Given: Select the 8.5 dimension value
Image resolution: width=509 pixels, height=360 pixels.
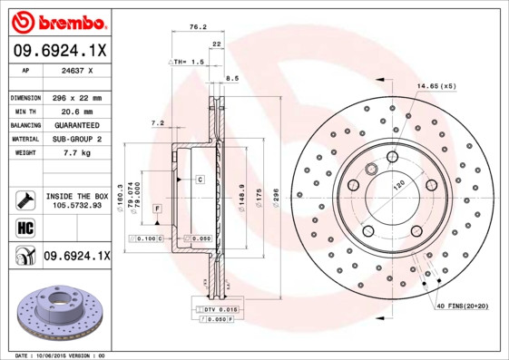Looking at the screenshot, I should coord(232,79).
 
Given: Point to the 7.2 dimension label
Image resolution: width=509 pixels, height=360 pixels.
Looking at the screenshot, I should coord(156,122).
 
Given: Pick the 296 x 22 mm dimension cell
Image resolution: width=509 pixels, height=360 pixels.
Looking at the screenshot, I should coord(74,96).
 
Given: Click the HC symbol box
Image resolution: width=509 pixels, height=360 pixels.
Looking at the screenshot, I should coord(24,227).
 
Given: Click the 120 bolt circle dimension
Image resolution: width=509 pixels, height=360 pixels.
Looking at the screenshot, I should coord(398,185).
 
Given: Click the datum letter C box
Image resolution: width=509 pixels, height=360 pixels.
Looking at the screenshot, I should coord(199,180).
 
